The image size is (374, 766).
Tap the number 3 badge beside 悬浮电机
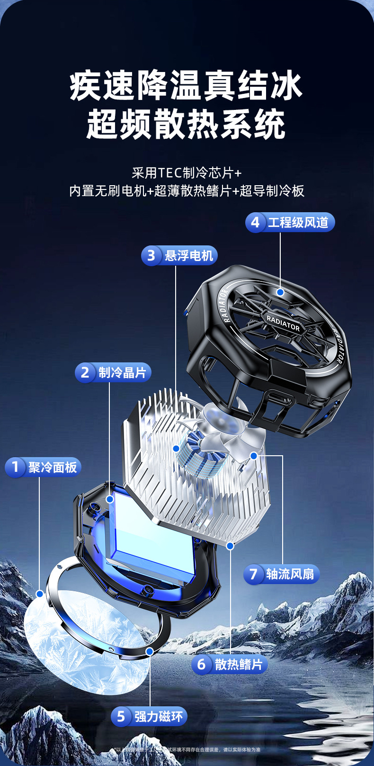[x=151, y=256]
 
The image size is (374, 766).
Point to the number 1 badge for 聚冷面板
[x=15, y=467]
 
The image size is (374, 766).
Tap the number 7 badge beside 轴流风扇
[x=253, y=574]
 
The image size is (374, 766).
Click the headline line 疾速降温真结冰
[x=187, y=86]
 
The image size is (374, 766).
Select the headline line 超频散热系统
[x=187, y=125]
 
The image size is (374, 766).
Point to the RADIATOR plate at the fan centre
[x=283, y=323]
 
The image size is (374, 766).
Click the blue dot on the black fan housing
[x=280, y=292]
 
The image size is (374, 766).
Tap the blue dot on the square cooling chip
[x=110, y=499]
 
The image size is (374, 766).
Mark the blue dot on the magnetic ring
[x=150, y=651]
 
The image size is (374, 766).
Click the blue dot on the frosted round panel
[x=40, y=594]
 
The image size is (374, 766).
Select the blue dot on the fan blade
[x=254, y=456]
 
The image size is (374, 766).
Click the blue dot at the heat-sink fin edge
[x=230, y=546]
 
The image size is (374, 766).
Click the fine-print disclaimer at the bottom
[x=187, y=749]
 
